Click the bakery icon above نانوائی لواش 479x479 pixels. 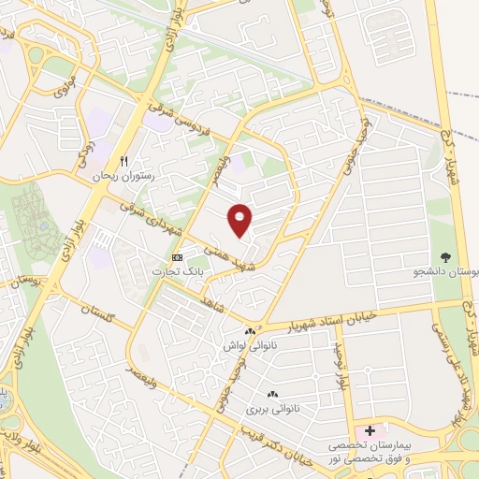[249, 331]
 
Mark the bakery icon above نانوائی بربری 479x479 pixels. [272, 395]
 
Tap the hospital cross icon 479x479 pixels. [370, 431]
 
